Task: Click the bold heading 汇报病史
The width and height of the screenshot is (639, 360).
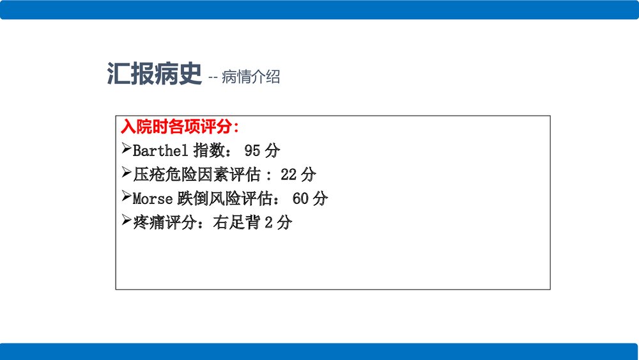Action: point(154,75)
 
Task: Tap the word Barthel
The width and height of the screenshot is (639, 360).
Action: point(160,151)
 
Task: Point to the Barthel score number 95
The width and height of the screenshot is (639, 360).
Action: point(252,151)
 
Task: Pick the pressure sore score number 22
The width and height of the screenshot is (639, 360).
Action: point(289,175)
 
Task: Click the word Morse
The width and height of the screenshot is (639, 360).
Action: point(153,199)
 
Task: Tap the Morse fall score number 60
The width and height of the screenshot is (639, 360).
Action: point(301,199)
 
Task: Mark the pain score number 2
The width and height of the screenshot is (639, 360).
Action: point(268,223)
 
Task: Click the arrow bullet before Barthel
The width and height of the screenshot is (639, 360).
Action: point(126,150)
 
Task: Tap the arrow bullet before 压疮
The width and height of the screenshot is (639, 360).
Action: point(126,173)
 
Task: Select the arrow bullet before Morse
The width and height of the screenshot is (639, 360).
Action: point(126,198)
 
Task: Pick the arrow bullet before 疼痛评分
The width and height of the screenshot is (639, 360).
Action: point(126,221)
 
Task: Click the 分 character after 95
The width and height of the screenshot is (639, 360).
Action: point(272,151)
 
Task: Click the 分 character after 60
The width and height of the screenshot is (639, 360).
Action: point(320,199)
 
